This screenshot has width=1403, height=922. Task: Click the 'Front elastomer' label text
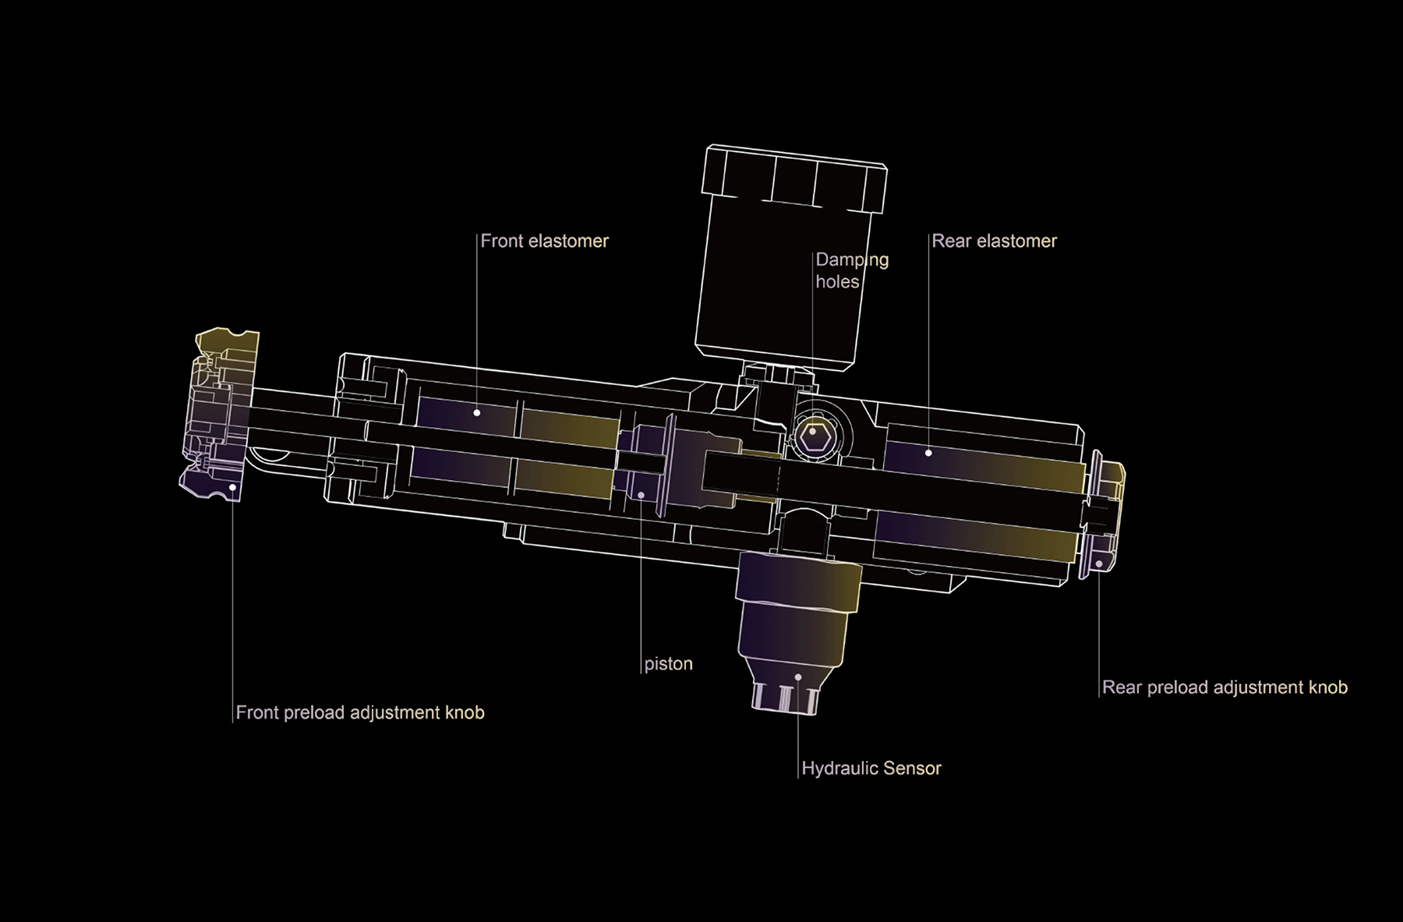click(544, 241)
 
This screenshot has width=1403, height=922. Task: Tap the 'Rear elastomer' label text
click(994, 241)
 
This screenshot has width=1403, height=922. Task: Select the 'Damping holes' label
click(852, 270)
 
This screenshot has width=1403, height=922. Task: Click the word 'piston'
click(668, 664)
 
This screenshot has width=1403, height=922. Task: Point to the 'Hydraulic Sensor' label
click(871, 768)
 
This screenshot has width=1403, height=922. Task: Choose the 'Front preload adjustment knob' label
click(360, 712)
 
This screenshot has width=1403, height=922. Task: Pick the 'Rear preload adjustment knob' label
click(1225, 687)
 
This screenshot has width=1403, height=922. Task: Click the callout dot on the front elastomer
click(477, 412)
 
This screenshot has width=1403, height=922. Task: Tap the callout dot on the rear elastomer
click(928, 453)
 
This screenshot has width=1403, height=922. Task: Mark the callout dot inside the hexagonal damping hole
click(813, 431)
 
